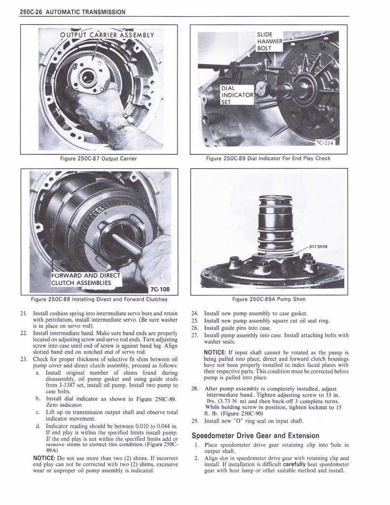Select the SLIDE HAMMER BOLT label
point(270,42)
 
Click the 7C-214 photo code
point(325,143)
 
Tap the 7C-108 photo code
point(159,289)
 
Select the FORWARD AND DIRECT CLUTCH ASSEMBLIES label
point(86,279)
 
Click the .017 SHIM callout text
point(319,247)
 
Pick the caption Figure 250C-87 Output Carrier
point(98,158)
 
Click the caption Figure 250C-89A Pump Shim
point(269,299)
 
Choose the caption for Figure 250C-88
point(99,299)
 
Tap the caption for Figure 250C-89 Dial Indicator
point(269,158)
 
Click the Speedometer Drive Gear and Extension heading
point(255,435)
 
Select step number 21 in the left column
point(24,313)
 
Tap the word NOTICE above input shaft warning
point(217,352)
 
